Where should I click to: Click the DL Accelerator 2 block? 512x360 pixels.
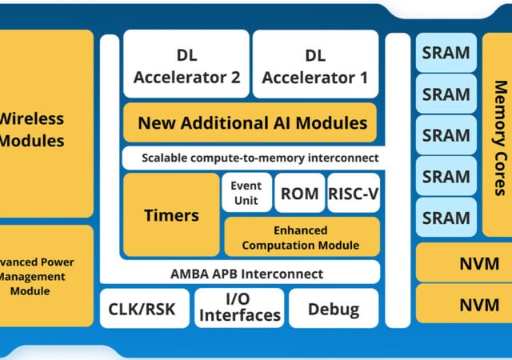click(x=186, y=66)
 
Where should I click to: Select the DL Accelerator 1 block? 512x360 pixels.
click(x=315, y=66)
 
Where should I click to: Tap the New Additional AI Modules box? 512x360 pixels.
click(x=251, y=123)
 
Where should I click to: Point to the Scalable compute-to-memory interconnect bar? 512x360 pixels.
click(x=251, y=158)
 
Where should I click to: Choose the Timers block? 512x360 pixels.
click(x=170, y=215)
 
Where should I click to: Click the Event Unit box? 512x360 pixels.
click(x=246, y=193)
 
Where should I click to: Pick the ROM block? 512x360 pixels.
click(x=300, y=194)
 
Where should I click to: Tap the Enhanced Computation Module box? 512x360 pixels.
click(x=300, y=238)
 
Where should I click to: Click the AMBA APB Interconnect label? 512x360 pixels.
click(x=246, y=274)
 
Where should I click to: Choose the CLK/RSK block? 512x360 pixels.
click(x=144, y=309)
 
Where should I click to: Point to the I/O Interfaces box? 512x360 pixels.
click(x=239, y=309)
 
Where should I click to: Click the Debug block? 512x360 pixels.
click(x=333, y=309)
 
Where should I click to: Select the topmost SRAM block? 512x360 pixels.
click(x=446, y=53)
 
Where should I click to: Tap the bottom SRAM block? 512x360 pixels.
click(x=446, y=218)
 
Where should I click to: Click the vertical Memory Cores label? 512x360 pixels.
click(x=499, y=136)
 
